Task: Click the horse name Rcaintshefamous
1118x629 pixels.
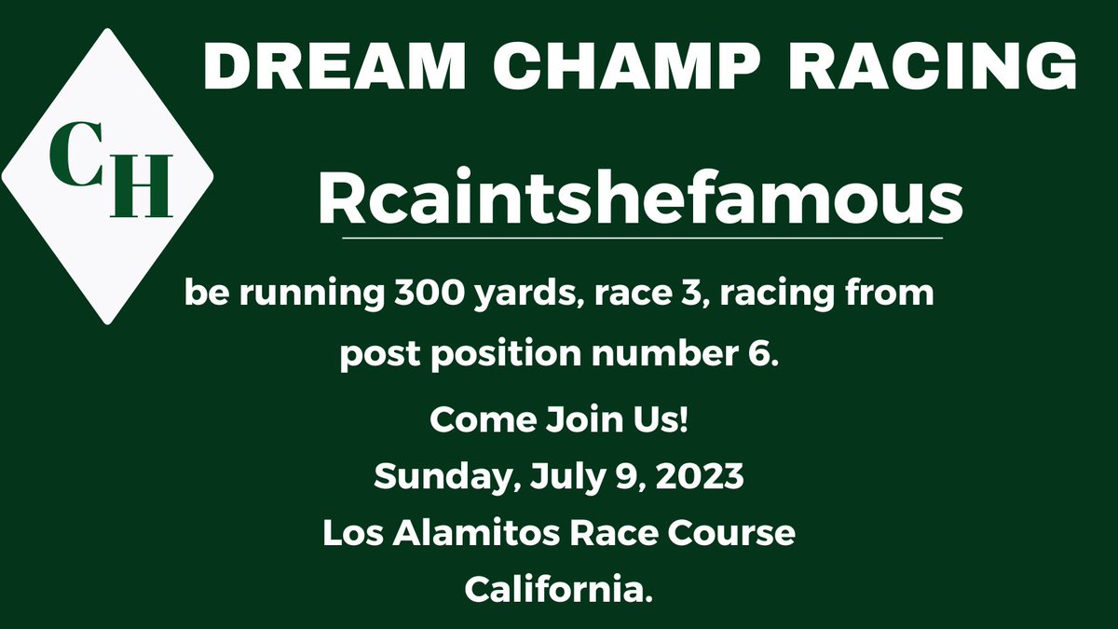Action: pos(641,199)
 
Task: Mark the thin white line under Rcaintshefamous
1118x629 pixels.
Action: pos(643,239)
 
